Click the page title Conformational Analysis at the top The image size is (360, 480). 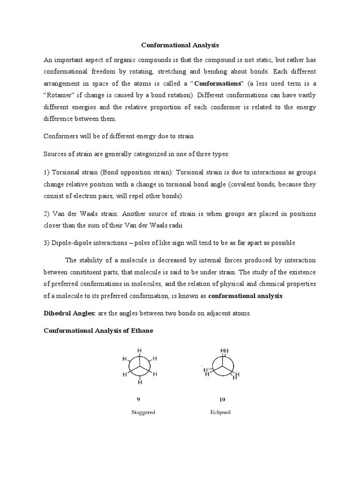point(180,45)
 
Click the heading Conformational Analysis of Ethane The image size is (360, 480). point(98,330)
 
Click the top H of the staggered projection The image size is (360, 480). point(139,350)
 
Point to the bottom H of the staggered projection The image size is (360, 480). point(139,383)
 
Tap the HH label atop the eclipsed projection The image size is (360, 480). point(224,350)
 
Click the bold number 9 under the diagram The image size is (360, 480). point(139,399)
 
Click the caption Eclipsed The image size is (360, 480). point(220,412)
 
